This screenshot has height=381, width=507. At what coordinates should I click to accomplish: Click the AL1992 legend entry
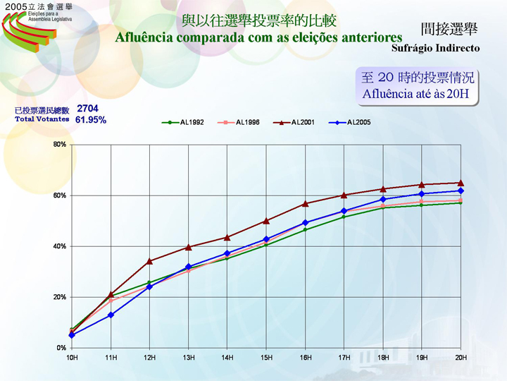[184, 123]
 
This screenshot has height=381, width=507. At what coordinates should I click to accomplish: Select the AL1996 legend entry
[239, 123]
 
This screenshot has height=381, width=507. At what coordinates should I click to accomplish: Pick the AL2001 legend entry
[294, 123]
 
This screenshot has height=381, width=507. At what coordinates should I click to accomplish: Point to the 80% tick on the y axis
[60, 145]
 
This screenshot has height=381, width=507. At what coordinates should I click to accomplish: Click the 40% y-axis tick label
[60, 246]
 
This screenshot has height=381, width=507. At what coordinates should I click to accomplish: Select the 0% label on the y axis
[61, 348]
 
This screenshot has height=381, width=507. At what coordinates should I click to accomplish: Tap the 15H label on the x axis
[266, 358]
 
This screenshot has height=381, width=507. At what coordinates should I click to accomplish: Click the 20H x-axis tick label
[461, 358]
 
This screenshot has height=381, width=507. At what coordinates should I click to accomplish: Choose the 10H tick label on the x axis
[72, 358]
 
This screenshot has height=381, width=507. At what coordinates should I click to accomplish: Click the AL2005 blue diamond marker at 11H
[111, 315]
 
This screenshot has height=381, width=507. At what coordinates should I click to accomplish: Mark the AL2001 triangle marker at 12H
[149, 261]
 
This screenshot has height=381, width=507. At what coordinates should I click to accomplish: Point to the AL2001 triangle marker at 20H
[461, 183]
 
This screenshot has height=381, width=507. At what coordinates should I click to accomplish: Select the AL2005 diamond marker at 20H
[461, 190]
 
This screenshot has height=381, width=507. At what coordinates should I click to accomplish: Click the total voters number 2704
[87, 109]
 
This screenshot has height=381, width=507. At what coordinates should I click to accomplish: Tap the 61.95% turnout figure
[90, 120]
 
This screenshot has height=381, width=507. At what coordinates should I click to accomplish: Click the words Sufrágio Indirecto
[435, 49]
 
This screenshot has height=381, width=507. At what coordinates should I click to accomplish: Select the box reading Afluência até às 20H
[418, 85]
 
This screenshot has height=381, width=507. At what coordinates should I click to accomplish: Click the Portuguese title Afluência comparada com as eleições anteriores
[258, 37]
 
